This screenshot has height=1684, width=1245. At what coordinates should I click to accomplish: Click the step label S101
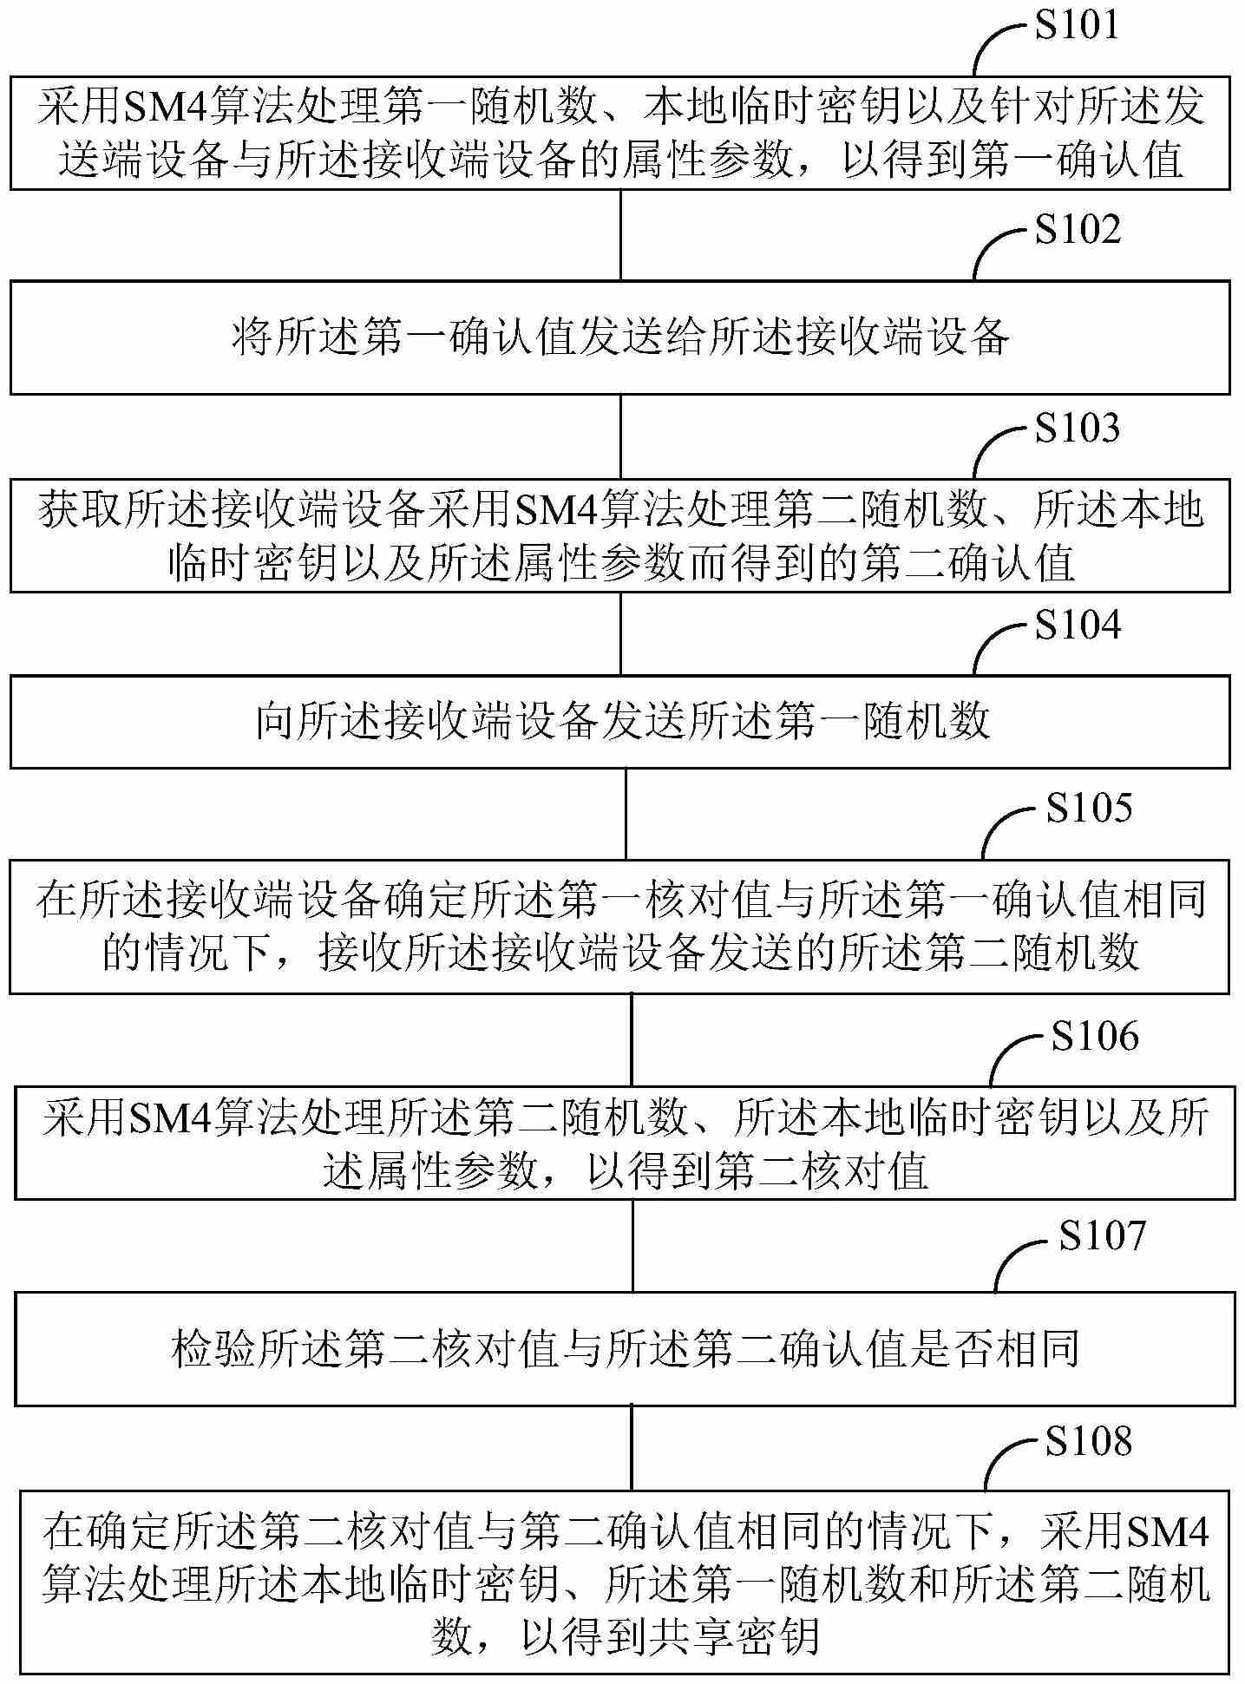(1077, 25)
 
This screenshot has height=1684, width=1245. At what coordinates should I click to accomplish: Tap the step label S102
(1077, 229)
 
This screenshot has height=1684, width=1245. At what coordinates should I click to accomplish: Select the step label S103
(1077, 429)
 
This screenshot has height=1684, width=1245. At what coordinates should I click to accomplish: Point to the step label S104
(1077, 625)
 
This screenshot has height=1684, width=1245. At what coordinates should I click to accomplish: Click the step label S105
(1088, 808)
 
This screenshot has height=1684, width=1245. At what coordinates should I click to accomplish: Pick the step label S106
(1094, 1036)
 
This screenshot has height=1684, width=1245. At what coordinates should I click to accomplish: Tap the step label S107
(1102, 1235)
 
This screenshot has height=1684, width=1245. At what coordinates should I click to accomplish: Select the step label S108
(1088, 1441)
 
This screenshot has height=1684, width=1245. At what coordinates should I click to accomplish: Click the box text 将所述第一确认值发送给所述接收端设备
(620, 337)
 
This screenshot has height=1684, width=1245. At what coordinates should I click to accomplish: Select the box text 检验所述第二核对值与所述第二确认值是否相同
(625, 1349)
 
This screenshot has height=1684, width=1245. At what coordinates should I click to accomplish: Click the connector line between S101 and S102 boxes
(620, 234)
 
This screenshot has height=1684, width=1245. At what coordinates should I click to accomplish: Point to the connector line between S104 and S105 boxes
(626, 813)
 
